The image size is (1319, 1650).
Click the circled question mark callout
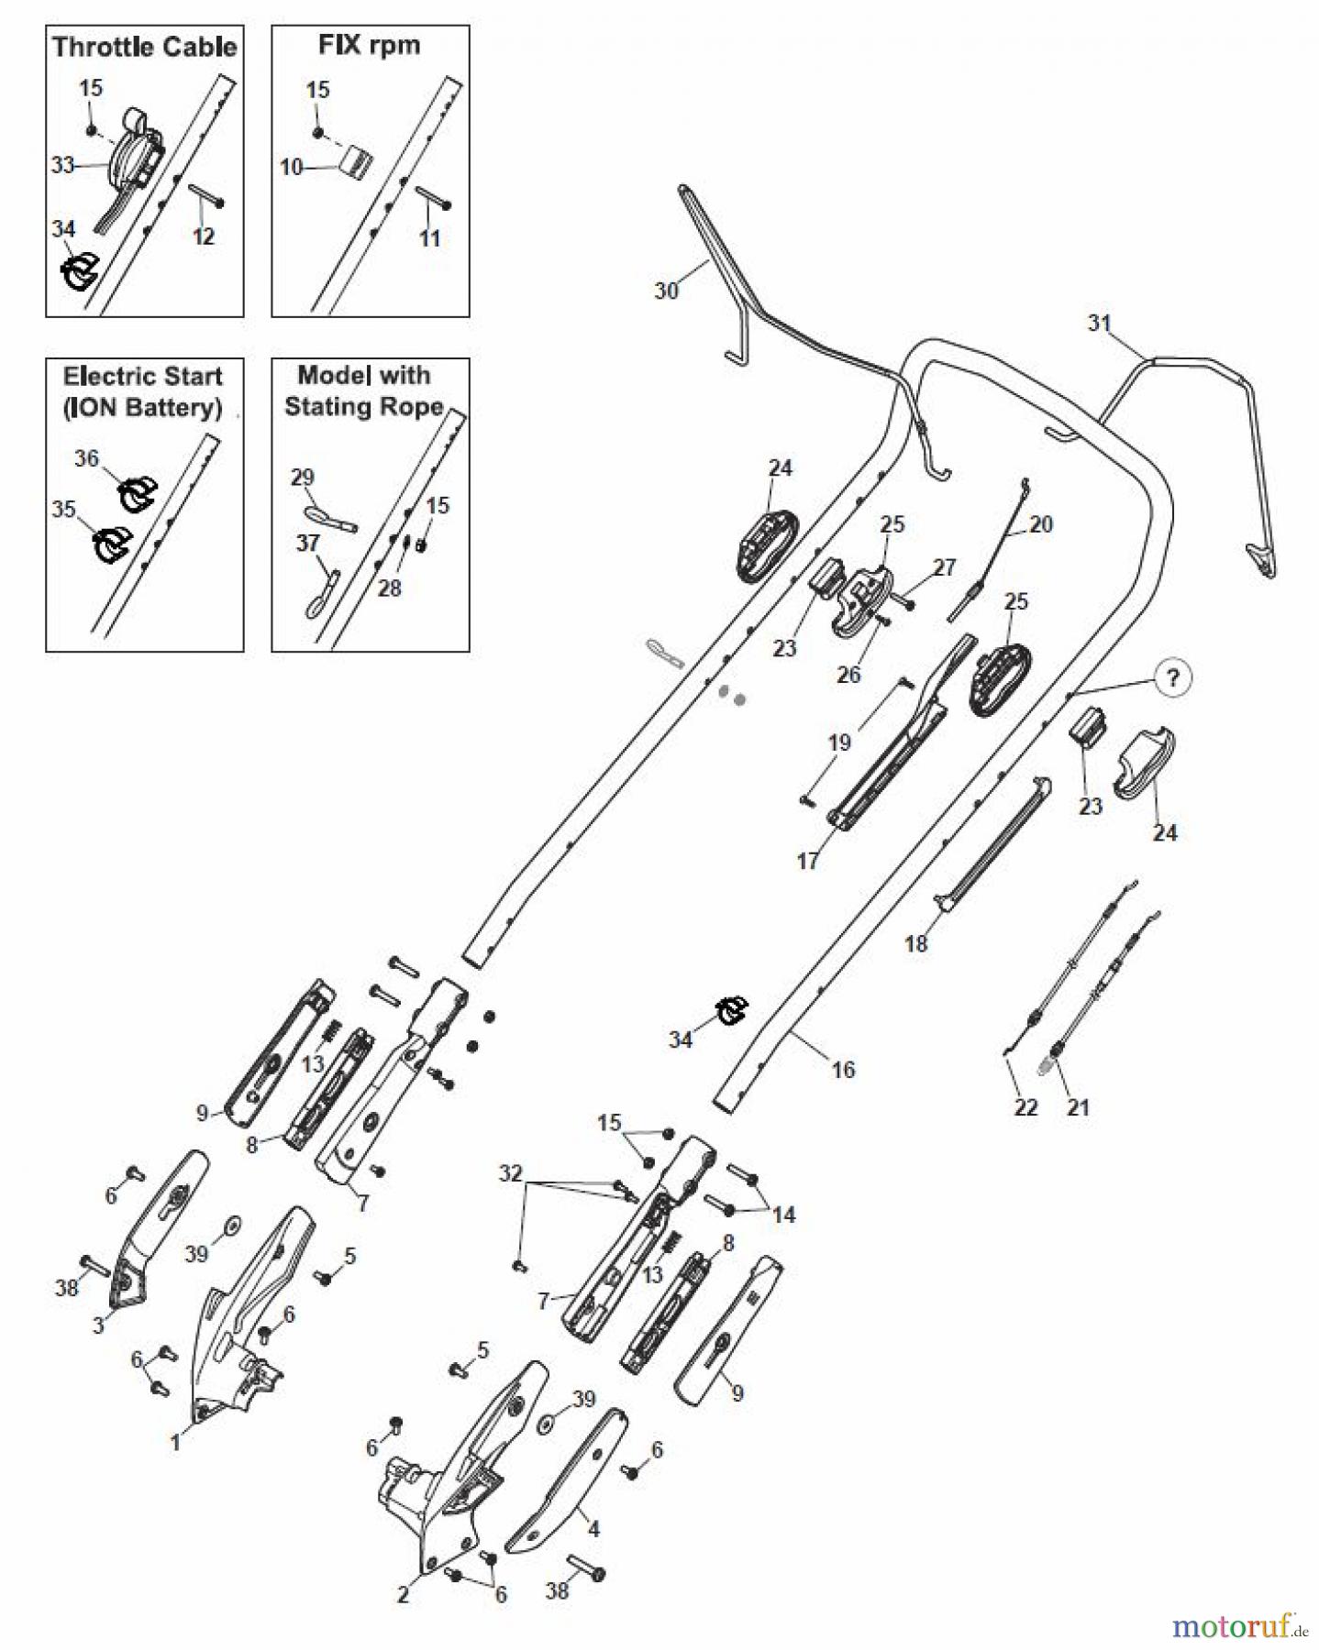click(1172, 679)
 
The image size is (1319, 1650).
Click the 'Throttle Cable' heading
click(144, 47)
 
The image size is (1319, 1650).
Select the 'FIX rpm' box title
click(369, 45)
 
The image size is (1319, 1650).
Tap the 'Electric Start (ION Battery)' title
click(143, 391)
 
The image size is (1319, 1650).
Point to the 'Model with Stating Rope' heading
click(364, 390)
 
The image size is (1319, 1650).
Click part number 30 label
click(666, 291)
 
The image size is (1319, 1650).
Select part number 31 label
click(1099, 323)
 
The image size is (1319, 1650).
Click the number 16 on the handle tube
click(842, 1069)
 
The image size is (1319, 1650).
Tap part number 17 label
click(807, 861)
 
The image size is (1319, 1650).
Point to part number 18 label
click(915, 943)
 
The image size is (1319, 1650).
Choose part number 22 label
click(1025, 1107)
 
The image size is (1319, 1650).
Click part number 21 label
click(1078, 1107)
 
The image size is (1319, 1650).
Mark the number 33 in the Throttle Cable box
click(62, 166)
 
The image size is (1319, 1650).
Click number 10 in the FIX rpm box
click(291, 168)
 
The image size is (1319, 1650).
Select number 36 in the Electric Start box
click(86, 458)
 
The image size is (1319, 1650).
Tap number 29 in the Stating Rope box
click(302, 477)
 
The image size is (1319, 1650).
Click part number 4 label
click(593, 1529)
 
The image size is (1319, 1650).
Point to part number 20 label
click(1041, 524)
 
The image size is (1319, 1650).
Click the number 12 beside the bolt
click(203, 236)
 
